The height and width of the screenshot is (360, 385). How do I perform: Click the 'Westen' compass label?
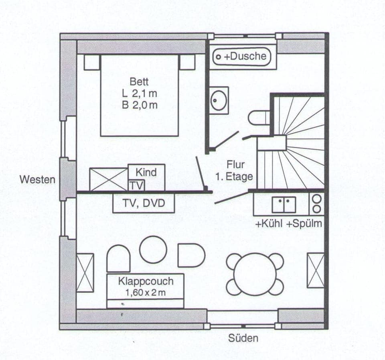38,179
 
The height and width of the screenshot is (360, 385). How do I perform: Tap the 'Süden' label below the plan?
243,338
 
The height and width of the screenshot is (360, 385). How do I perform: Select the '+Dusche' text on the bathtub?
245,57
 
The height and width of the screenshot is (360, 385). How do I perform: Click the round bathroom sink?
219,100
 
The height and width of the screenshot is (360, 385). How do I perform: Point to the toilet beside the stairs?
257,118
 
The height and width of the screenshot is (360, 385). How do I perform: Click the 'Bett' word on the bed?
139,82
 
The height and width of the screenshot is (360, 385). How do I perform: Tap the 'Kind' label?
146,173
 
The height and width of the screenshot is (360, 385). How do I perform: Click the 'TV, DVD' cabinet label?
144,203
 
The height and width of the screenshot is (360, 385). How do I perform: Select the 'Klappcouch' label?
146,281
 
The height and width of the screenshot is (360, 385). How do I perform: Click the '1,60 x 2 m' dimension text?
145,293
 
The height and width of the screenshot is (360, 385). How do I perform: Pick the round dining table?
255,274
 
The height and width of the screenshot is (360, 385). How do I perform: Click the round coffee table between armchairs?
153,250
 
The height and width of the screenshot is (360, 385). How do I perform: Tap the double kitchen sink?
284,204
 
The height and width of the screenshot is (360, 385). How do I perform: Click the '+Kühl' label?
269,224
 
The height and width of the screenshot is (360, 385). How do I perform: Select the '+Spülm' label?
304,224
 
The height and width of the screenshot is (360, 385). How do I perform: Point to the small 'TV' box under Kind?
136,186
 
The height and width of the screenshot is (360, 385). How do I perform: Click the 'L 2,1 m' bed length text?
139,94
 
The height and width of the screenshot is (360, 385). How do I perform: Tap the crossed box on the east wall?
316,271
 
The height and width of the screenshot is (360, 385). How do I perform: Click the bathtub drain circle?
218,57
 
